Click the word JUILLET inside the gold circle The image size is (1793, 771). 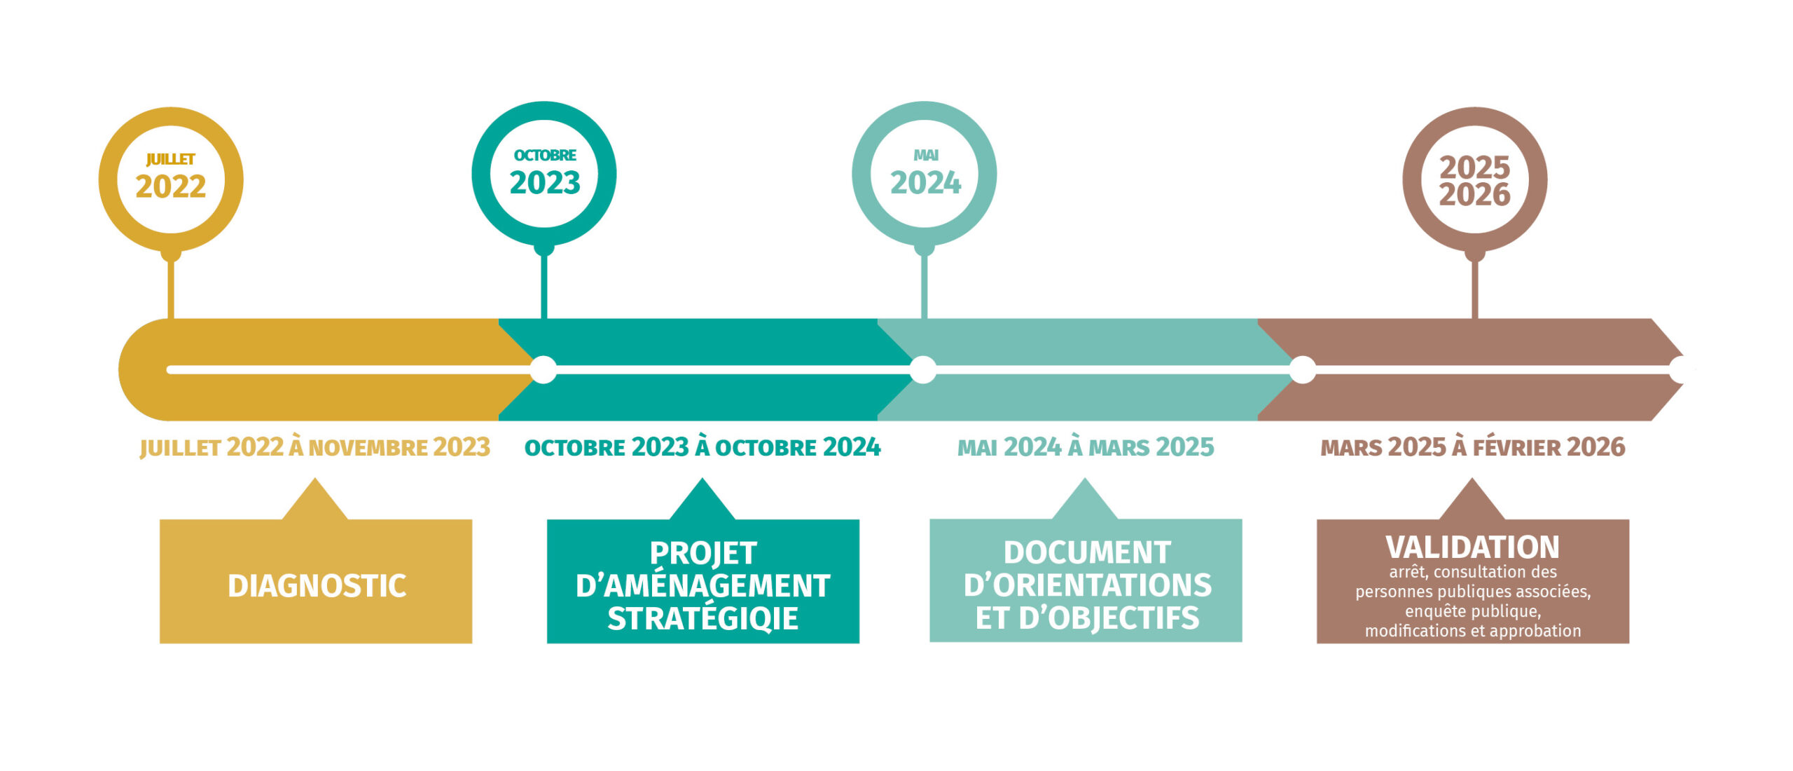click(x=170, y=160)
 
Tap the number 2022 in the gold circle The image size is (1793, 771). click(x=170, y=186)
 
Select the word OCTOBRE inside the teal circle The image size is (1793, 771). click(x=544, y=156)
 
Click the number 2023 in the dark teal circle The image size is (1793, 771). click(x=544, y=183)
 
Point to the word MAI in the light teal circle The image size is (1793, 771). click(x=925, y=155)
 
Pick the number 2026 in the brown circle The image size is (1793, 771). click(x=1474, y=195)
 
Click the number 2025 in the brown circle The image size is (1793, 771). click(x=1474, y=168)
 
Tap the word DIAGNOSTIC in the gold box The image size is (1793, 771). click(x=317, y=586)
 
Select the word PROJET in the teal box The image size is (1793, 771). click(x=703, y=553)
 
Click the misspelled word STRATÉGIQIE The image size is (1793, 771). click(x=702, y=618)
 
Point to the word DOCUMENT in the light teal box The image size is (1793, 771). click(x=1087, y=552)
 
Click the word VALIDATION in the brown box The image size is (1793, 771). click(x=1472, y=547)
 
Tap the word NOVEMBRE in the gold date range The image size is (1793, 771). click(x=368, y=448)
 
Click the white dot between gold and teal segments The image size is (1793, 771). click(x=544, y=369)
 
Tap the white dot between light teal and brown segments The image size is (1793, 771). click(x=1302, y=369)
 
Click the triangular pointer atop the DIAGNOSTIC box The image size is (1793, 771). click(x=315, y=501)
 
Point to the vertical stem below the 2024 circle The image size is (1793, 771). click(x=925, y=287)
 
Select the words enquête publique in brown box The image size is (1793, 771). click(x=1472, y=611)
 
